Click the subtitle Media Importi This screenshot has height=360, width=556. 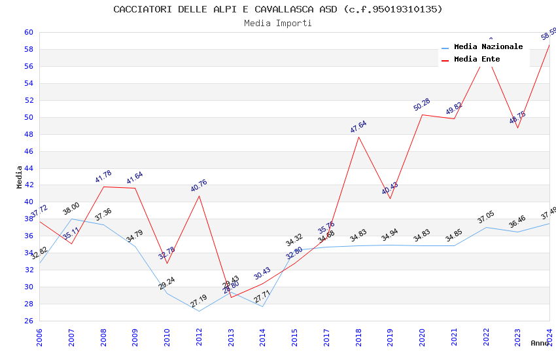277,23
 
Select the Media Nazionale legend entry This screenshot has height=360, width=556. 488,46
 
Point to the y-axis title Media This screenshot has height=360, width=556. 19,176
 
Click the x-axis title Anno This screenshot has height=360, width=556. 540,343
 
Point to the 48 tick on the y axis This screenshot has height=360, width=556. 28,134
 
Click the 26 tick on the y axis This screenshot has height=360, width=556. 28,321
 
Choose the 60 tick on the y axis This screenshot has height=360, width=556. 28,32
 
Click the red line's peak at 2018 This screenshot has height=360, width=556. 358,136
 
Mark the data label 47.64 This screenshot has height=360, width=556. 358,127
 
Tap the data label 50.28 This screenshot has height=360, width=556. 421,105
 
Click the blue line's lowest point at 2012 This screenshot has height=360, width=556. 199,311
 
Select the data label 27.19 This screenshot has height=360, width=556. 198,302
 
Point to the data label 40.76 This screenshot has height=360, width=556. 198,186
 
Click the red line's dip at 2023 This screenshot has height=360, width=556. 517,128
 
